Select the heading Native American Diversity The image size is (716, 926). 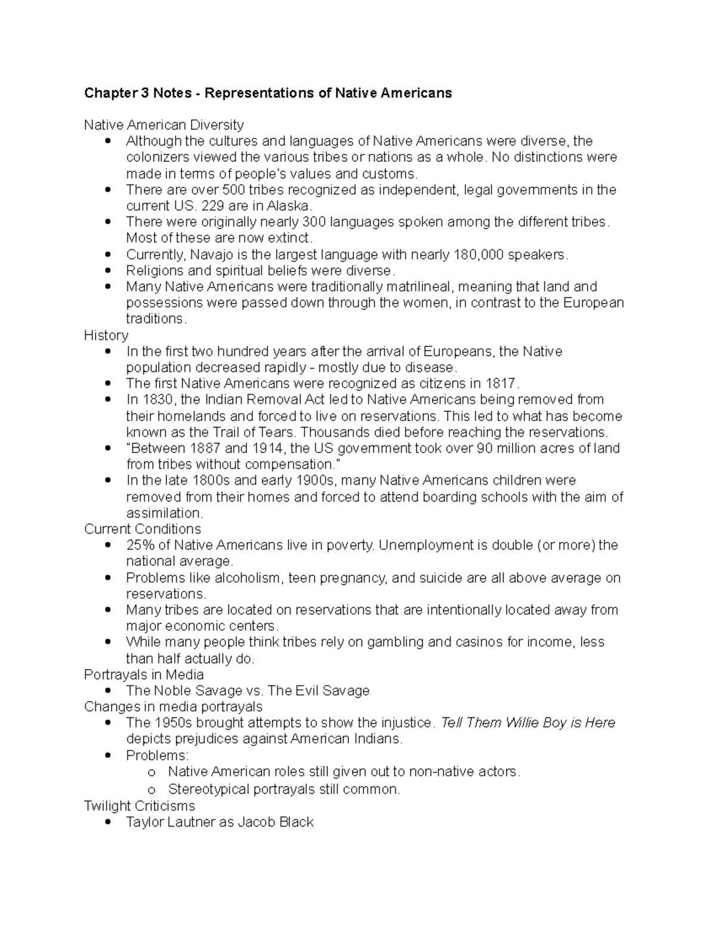pyautogui.click(x=164, y=125)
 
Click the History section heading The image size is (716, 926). pyautogui.click(x=106, y=336)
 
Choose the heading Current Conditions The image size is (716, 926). pyautogui.click(x=143, y=529)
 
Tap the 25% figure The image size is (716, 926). pyautogui.click(x=140, y=546)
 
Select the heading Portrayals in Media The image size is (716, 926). pyautogui.click(x=144, y=675)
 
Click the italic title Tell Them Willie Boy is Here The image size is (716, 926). pyautogui.click(x=528, y=723)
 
